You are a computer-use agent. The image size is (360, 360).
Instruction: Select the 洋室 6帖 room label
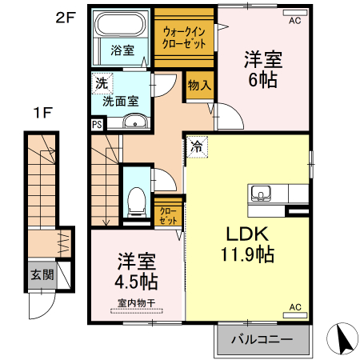pos(262,68)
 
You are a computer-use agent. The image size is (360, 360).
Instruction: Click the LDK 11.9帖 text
pos(249,245)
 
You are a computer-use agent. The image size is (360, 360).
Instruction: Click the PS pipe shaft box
pos(97,124)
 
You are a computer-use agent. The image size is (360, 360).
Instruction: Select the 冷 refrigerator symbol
pos(197,146)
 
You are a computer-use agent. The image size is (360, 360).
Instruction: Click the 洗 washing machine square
pos(101,82)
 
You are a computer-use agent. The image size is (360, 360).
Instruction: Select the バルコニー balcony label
pos(261,339)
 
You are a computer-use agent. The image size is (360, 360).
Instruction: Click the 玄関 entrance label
pos(42,275)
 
